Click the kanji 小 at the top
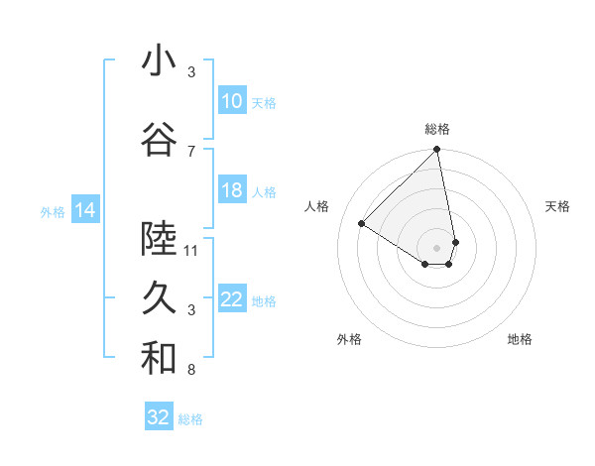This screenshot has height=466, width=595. coord(159,61)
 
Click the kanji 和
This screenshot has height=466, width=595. coord(159,359)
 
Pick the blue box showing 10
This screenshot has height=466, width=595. coord(232,101)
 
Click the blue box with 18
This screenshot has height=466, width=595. coord(232,190)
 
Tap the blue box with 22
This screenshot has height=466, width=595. coord(232,300)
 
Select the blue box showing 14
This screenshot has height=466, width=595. coord(85,210)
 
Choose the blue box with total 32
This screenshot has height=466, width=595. coord(159,417)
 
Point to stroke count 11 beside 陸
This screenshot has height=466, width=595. coord(191,250)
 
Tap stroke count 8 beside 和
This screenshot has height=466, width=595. coord(191,371)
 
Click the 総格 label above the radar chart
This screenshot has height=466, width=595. coord(437,129)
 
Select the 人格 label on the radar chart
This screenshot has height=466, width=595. coord(317,206)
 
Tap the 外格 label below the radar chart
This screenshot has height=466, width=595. coord(349,339)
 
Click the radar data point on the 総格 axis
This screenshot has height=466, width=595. coord(437,151)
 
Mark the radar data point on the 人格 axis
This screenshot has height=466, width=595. coord(362,223)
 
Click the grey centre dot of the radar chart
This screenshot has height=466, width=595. coord(437,247)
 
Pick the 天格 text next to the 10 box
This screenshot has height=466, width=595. coord(264,102)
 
